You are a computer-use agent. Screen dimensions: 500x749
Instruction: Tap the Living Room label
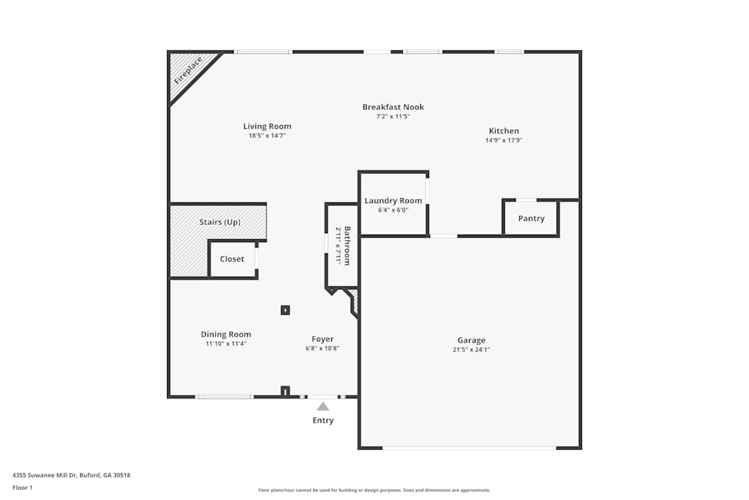coord(267,127)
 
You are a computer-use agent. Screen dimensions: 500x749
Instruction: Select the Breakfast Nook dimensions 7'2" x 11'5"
coord(393,117)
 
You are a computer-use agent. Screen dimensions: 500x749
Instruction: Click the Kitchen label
coord(504,131)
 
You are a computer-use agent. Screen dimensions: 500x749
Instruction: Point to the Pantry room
coord(531,218)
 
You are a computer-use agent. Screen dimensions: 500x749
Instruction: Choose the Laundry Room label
coord(393,201)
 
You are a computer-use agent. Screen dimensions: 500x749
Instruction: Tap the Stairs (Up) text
coord(219,223)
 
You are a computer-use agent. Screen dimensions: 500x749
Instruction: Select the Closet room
coord(232,259)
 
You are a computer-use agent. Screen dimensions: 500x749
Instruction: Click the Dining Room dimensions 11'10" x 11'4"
coord(226,344)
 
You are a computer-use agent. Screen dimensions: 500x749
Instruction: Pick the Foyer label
coord(323,340)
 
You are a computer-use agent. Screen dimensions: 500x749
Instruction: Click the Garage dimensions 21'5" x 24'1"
coord(472,349)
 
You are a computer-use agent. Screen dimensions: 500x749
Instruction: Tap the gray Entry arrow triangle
coord(323,406)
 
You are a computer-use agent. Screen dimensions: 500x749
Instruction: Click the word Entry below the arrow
coord(323,421)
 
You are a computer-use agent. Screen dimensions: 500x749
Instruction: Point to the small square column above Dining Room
coord(285,310)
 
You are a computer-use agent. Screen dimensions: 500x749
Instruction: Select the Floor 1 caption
coord(22,487)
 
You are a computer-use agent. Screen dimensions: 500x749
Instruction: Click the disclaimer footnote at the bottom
coord(374,490)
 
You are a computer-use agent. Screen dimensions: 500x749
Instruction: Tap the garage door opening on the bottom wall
coord(470,448)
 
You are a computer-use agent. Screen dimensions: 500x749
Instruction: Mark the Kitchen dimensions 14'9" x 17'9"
coord(504,140)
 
